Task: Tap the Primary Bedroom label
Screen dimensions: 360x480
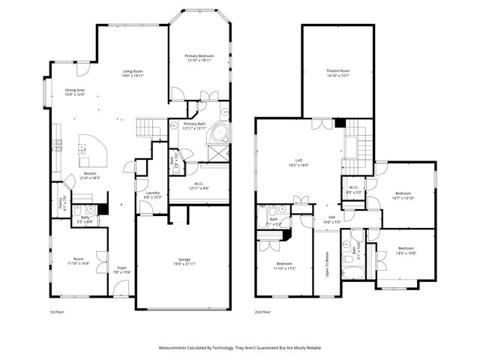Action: coord(199,57)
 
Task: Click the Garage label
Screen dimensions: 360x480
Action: coord(184,261)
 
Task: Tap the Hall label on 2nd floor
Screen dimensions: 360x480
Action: coord(331,219)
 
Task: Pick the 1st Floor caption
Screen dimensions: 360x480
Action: coord(57,311)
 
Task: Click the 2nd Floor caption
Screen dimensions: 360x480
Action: coord(262,311)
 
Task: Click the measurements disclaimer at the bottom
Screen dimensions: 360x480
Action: coord(240,348)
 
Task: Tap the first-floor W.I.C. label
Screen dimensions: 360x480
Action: coord(199,184)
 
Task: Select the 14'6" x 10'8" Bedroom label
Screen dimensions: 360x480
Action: coord(406,250)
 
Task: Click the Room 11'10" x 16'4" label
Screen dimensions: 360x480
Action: coord(78,261)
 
